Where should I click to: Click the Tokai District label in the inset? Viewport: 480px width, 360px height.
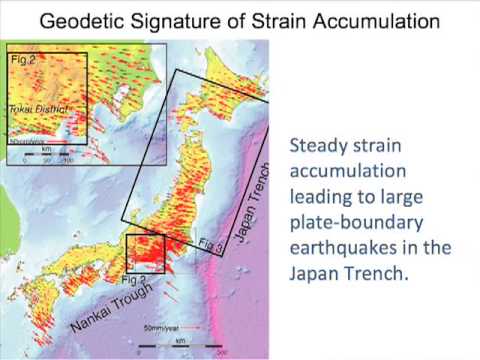pyautogui.click(x=38, y=106)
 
